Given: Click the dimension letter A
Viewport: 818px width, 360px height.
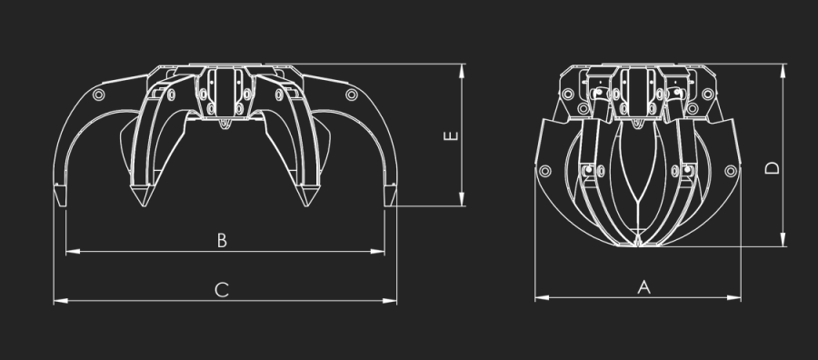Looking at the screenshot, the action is click(644, 287).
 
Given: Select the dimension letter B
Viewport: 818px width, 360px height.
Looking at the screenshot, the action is click(223, 241).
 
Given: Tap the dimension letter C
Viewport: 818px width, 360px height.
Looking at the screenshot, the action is click(223, 290).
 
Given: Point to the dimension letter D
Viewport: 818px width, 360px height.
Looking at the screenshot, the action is click(772, 167).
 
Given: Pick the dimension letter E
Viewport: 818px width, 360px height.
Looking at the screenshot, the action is click(451, 135).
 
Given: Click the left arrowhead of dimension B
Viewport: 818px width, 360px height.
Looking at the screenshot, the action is click(73, 252).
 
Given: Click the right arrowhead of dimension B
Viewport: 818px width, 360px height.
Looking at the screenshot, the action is click(378, 252).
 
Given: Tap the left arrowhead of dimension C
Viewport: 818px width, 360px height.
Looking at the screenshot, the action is click(61, 301).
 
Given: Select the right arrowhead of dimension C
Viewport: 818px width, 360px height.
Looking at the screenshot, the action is click(390, 301).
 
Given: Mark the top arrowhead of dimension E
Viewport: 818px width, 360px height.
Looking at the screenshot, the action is click(462, 71).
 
